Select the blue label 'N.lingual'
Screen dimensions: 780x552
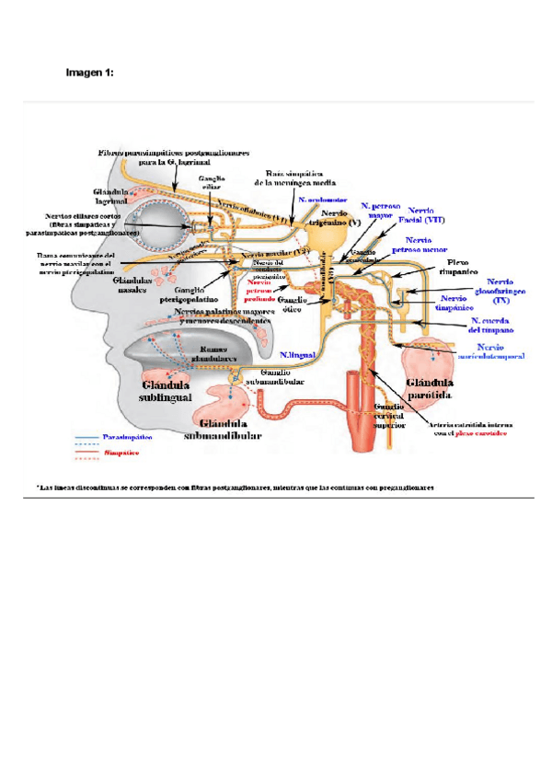[298, 353]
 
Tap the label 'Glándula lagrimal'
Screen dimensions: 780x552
[111, 197]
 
